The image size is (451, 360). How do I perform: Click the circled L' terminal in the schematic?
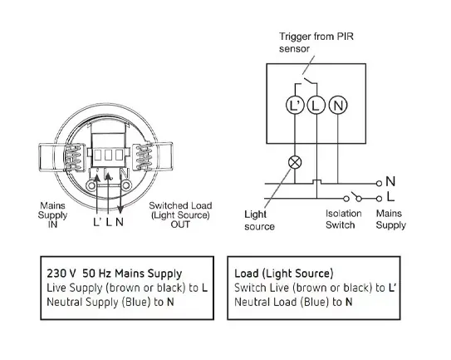[x=295, y=105]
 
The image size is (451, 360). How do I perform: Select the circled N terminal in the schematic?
[x=338, y=105]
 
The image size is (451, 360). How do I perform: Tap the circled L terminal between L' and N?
[x=316, y=105]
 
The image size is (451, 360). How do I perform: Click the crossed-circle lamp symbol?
[x=295, y=162]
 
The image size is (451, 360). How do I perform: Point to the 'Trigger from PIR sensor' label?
[x=316, y=42]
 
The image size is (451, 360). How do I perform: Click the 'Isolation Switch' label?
[x=343, y=219]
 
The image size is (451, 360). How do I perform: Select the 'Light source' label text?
[x=259, y=220]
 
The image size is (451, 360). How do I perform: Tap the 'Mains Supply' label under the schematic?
[x=391, y=219]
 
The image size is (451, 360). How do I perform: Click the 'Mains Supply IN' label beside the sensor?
[x=52, y=215]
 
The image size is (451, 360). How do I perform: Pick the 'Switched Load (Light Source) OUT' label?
[x=180, y=215]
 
